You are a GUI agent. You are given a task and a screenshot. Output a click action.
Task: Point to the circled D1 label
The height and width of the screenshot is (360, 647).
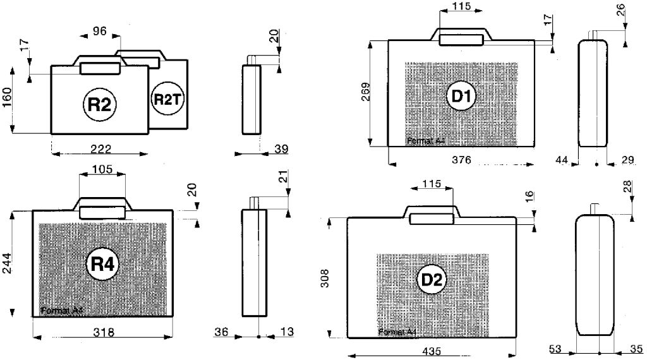click(461, 96)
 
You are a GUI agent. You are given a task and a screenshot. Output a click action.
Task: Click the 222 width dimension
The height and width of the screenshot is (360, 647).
click(100, 148)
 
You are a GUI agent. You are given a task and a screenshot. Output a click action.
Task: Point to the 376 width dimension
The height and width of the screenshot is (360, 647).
click(461, 160)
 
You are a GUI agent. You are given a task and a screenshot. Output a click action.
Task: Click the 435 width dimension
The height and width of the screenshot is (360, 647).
click(432, 351)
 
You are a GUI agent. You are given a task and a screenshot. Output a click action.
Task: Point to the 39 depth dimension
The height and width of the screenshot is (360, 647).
click(281, 149)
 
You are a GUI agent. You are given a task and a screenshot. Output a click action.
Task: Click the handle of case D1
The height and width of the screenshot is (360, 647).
click(462, 39)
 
